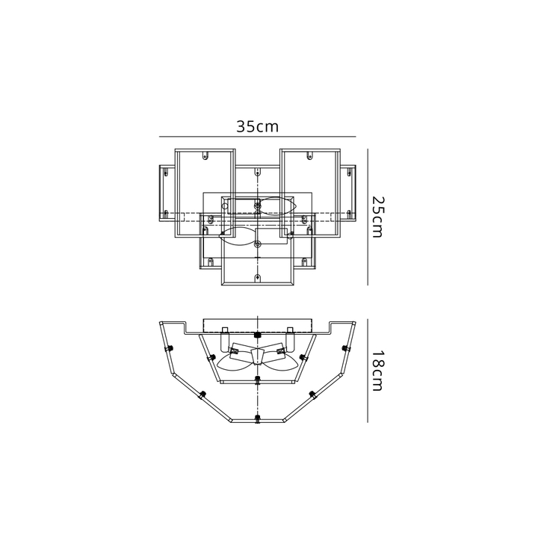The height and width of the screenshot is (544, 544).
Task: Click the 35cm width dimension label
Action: pyautogui.click(x=257, y=127)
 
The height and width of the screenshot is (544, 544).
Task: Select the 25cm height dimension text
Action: pyautogui.click(x=377, y=217)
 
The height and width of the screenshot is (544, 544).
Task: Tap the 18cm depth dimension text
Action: pyautogui.click(x=377, y=371)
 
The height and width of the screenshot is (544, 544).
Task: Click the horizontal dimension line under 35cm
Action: pyautogui.click(x=257, y=137)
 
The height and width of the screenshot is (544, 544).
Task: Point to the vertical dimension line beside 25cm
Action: pyautogui.click(x=368, y=217)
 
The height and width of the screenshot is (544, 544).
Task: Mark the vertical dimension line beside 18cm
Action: pyautogui.click(x=368, y=371)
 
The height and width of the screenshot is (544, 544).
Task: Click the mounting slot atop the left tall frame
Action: pyautogui.click(x=205, y=155)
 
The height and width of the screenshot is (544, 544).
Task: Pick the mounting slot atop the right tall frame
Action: pyautogui.click(x=310, y=155)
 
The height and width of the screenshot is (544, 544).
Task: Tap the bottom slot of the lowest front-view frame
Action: pyautogui.click(x=257, y=277)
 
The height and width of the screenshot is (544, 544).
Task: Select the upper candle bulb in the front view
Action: pyautogui.click(x=279, y=206)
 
